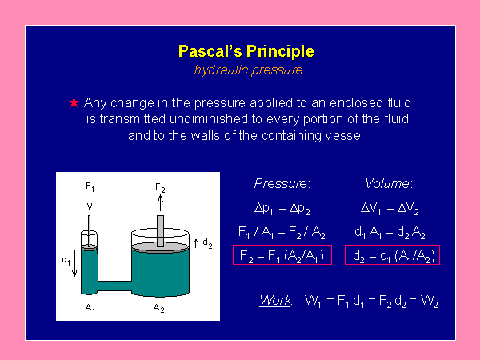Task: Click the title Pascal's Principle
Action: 246,51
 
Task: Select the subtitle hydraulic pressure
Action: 248,70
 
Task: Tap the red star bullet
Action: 74,102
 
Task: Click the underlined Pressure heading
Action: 281,184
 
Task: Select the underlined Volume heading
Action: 387,184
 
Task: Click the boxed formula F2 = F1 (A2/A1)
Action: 282,254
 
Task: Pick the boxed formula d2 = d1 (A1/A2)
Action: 393,254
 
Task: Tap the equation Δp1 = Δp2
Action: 282,209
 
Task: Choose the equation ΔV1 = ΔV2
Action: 390,209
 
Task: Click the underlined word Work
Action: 275,300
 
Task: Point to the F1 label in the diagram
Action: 90,187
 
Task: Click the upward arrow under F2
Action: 160,203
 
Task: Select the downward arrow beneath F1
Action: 90,202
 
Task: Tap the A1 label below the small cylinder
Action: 90,308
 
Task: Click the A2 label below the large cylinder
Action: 159,308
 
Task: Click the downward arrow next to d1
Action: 74,263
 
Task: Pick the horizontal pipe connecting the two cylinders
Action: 114,286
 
